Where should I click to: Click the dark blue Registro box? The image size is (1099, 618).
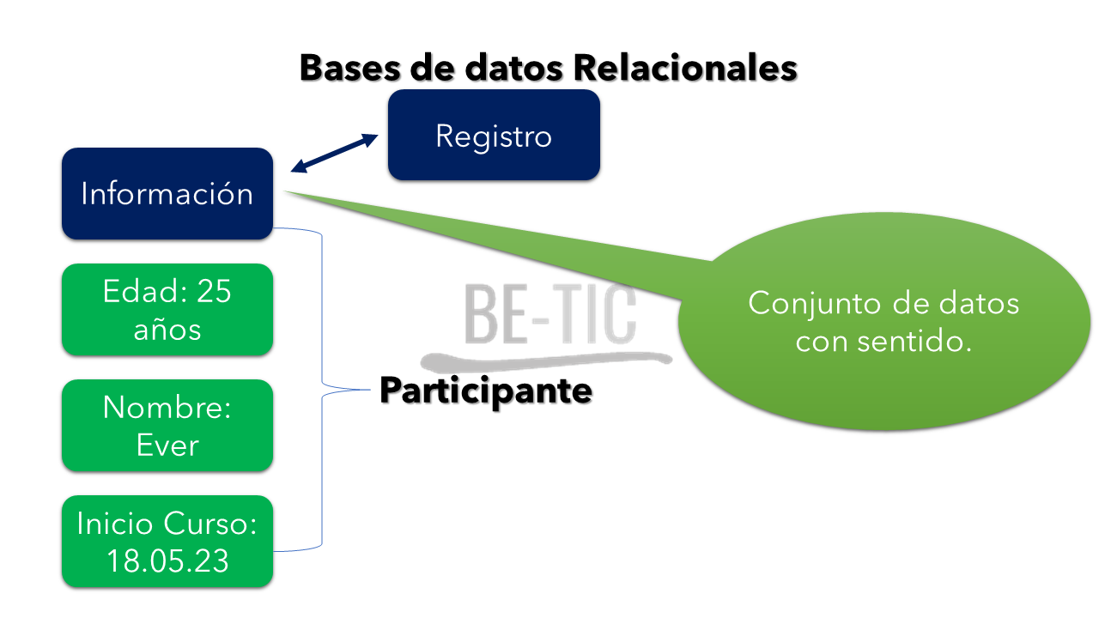[494, 136]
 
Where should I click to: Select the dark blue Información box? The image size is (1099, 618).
[167, 193]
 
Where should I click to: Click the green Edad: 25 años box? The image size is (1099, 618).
[167, 310]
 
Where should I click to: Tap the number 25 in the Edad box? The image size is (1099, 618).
[214, 292]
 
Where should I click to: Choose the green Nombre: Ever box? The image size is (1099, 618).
[167, 426]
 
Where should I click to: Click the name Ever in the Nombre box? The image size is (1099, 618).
[167, 445]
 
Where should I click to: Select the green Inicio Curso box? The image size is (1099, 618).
[167, 542]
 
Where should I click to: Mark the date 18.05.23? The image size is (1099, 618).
[167, 560]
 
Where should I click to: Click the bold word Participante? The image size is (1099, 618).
[486, 391]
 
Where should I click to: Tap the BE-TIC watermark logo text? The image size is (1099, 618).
[550, 312]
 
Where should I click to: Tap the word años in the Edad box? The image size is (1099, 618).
[167, 329]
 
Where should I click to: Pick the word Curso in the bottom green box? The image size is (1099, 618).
[211, 524]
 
